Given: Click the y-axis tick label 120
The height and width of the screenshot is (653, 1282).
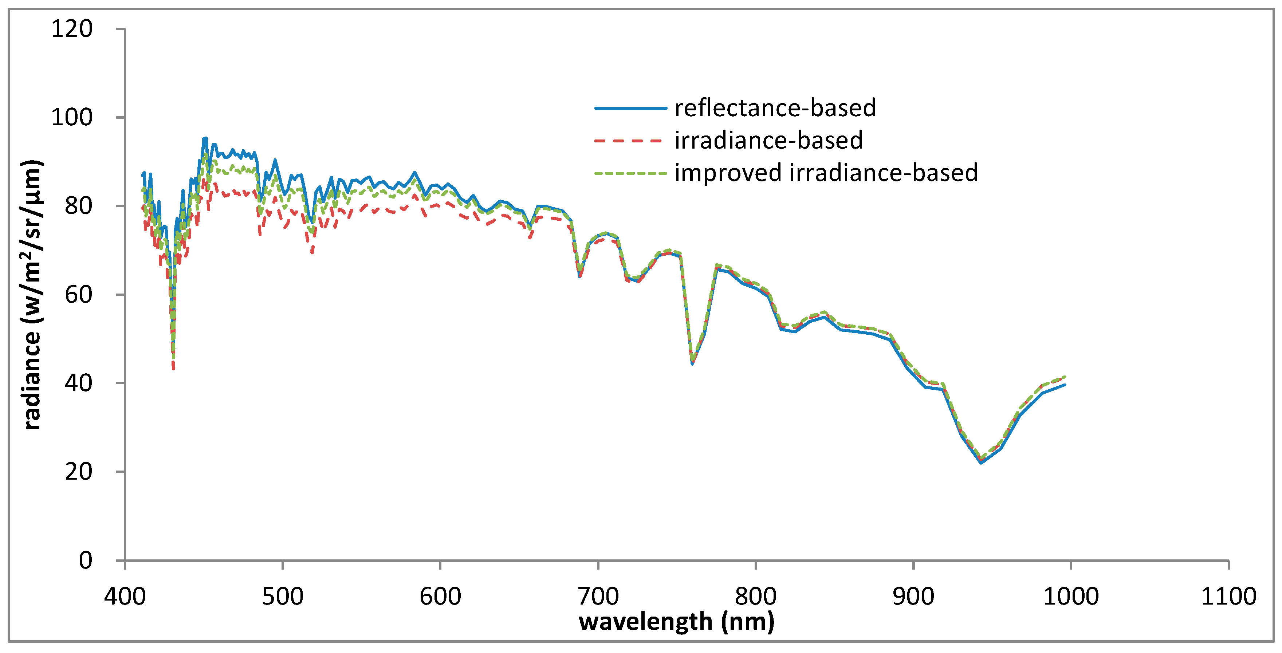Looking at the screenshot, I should (x=72, y=29).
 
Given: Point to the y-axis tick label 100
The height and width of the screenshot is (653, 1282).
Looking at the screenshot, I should (x=72, y=118).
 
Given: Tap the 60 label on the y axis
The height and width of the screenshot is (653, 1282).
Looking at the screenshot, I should (x=79, y=295).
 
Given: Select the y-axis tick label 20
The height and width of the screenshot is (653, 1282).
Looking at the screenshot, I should (x=79, y=472).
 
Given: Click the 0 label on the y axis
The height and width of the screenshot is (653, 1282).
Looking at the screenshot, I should (x=86, y=560).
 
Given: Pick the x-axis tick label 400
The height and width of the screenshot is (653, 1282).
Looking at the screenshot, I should (x=125, y=596).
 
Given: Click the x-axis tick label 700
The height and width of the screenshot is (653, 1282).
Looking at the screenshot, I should (x=598, y=596).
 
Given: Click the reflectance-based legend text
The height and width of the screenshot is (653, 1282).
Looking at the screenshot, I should (x=775, y=108).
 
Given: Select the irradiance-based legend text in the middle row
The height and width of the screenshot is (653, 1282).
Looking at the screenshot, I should (x=768, y=140).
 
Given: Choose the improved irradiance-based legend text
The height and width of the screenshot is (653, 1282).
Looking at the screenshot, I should (x=826, y=173).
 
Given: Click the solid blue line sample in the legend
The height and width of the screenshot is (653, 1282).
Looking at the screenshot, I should (x=630, y=108).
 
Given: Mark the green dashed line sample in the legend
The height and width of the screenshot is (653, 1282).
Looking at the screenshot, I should (x=630, y=173).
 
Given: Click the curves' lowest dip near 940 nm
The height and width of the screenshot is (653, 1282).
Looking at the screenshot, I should (x=981, y=461).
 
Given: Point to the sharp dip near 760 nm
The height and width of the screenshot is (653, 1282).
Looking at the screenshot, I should (x=692, y=362).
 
